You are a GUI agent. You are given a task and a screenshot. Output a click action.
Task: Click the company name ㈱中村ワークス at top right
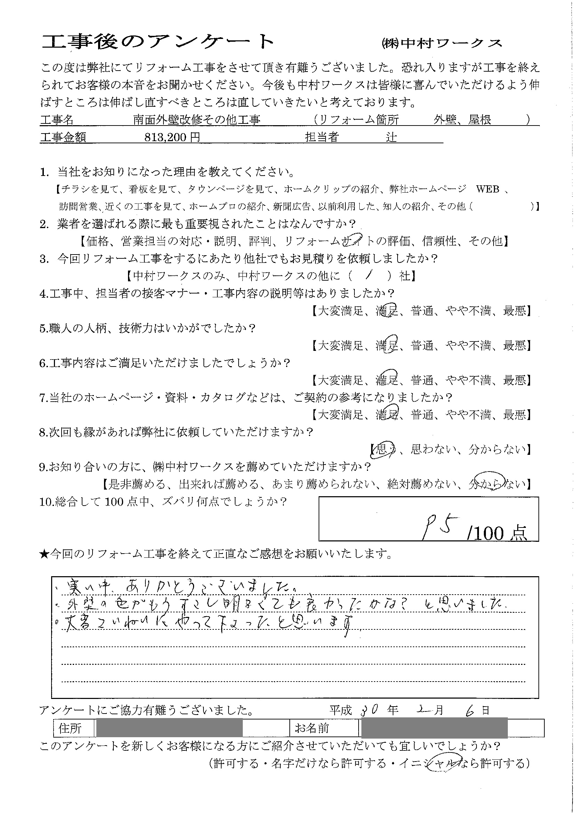point(442,43)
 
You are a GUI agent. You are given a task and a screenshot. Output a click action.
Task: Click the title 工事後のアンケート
point(158,43)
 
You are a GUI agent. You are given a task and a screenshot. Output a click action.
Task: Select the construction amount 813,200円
point(173,138)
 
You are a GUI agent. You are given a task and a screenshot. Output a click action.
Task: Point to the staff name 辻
point(392,137)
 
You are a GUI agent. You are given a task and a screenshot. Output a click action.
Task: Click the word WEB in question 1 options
point(487,189)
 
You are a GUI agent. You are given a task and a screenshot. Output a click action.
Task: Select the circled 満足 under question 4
point(387,311)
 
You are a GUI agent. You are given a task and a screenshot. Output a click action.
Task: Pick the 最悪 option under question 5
point(514,345)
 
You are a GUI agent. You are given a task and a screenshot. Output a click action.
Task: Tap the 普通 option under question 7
point(422,414)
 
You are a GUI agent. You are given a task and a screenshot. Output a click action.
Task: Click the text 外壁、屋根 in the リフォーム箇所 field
point(462,120)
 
